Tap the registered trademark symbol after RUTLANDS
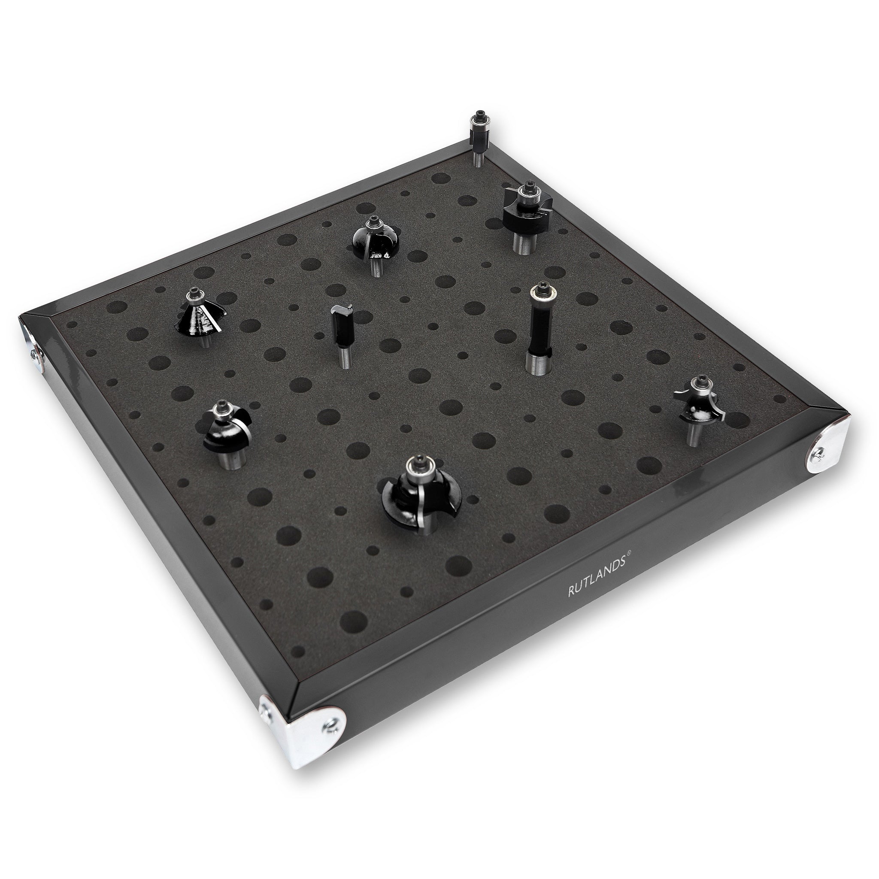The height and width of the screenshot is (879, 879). click(629, 553)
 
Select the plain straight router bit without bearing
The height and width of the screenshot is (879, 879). click(342, 330)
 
